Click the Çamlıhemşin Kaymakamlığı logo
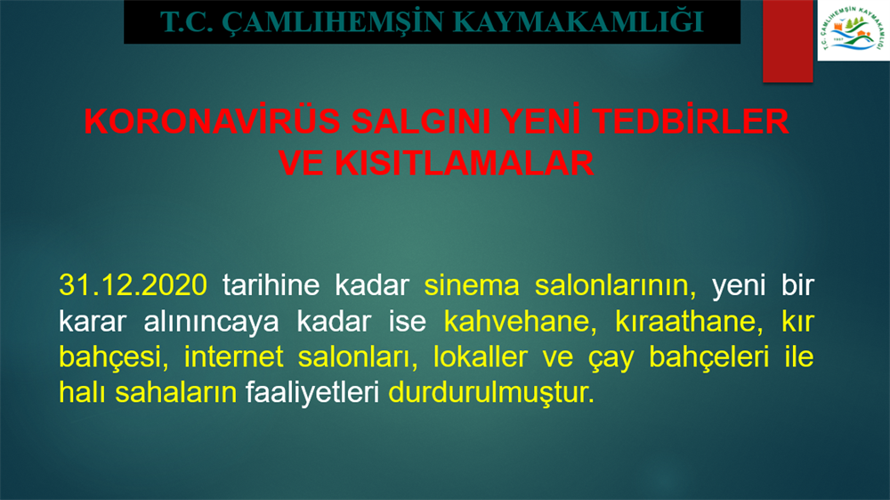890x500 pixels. pyautogui.click(x=854, y=29)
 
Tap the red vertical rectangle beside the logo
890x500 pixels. pyautogui.click(x=788, y=41)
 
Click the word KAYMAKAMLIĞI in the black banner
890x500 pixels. pyautogui.click(x=579, y=23)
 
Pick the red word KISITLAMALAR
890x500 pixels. pyautogui.click(x=465, y=163)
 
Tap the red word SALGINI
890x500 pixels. pyautogui.click(x=421, y=121)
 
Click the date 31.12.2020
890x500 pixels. pyautogui.click(x=133, y=284)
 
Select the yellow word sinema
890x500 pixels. pyautogui.click(x=472, y=285)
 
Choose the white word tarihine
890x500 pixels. pyautogui.click(x=271, y=284)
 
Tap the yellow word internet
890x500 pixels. pyautogui.click(x=234, y=357)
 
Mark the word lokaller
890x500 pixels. pyautogui.click(x=481, y=357)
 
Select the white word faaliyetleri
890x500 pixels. pyautogui.click(x=312, y=393)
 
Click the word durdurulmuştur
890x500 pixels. pyautogui.click(x=491, y=393)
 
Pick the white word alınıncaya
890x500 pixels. pyautogui.click(x=211, y=322)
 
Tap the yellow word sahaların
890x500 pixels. pyautogui.click(x=176, y=393)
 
